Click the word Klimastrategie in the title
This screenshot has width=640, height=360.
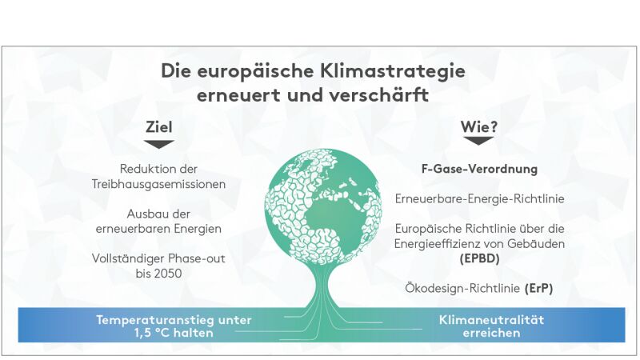[x=392, y=71]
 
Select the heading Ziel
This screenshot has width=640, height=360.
[x=158, y=127]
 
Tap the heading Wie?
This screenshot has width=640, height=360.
[x=479, y=127]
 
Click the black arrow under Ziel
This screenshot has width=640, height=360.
[x=158, y=145]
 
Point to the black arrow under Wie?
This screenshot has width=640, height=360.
[x=478, y=141]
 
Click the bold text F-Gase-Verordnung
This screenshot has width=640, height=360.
[x=479, y=169]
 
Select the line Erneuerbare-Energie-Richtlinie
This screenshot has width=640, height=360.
[x=479, y=198]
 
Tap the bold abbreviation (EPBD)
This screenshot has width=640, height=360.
[x=479, y=258]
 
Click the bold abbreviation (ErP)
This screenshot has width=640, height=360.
[x=538, y=289]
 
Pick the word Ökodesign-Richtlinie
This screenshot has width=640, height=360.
[x=462, y=289]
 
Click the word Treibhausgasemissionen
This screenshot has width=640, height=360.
[x=158, y=185]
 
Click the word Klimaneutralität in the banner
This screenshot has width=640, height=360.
[x=491, y=319]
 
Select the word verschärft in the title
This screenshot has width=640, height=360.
[x=378, y=95]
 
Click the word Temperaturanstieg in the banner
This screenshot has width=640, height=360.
[x=154, y=319]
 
